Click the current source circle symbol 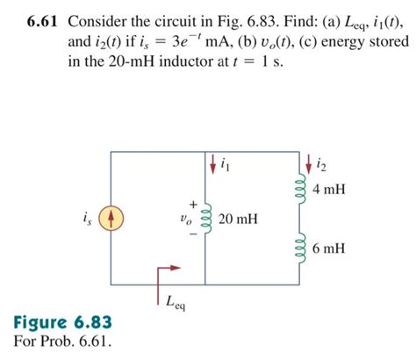[112, 217]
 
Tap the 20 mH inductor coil [207, 217]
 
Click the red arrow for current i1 [212, 163]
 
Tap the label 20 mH [238, 217]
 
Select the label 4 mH [327, 190]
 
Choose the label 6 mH [327, 248]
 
